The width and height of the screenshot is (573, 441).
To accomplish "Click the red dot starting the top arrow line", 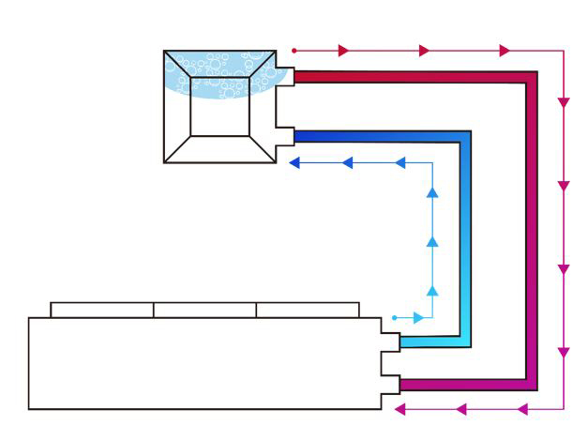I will coord(294,50).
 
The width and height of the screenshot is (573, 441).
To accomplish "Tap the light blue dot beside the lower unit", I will coord(395,318).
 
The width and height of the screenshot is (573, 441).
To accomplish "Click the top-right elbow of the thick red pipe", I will coord(530,77).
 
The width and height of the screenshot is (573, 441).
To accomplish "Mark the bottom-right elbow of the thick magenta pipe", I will coord(530,384).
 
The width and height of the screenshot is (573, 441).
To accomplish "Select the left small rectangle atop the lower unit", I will coord(102,310).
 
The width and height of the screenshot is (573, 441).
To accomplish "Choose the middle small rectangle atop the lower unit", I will coord(204,310).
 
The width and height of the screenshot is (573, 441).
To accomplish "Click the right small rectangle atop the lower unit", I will coord(308,310).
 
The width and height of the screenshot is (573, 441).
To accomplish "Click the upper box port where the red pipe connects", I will coord(285,77).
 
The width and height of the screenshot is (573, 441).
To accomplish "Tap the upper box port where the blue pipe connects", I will coord(285,136).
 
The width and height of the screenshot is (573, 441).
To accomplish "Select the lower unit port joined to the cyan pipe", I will coord(390,342).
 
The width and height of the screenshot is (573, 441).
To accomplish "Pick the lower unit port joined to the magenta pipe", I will coord(390,383).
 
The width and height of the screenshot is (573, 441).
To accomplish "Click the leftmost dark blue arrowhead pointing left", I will coord(294,163).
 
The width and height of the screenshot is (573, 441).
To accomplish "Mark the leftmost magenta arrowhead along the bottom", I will coord(400,409).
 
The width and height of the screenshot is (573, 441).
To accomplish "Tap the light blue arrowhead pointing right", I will coord(418,318).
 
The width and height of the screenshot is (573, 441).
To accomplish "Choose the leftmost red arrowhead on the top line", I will coord(344,50).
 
